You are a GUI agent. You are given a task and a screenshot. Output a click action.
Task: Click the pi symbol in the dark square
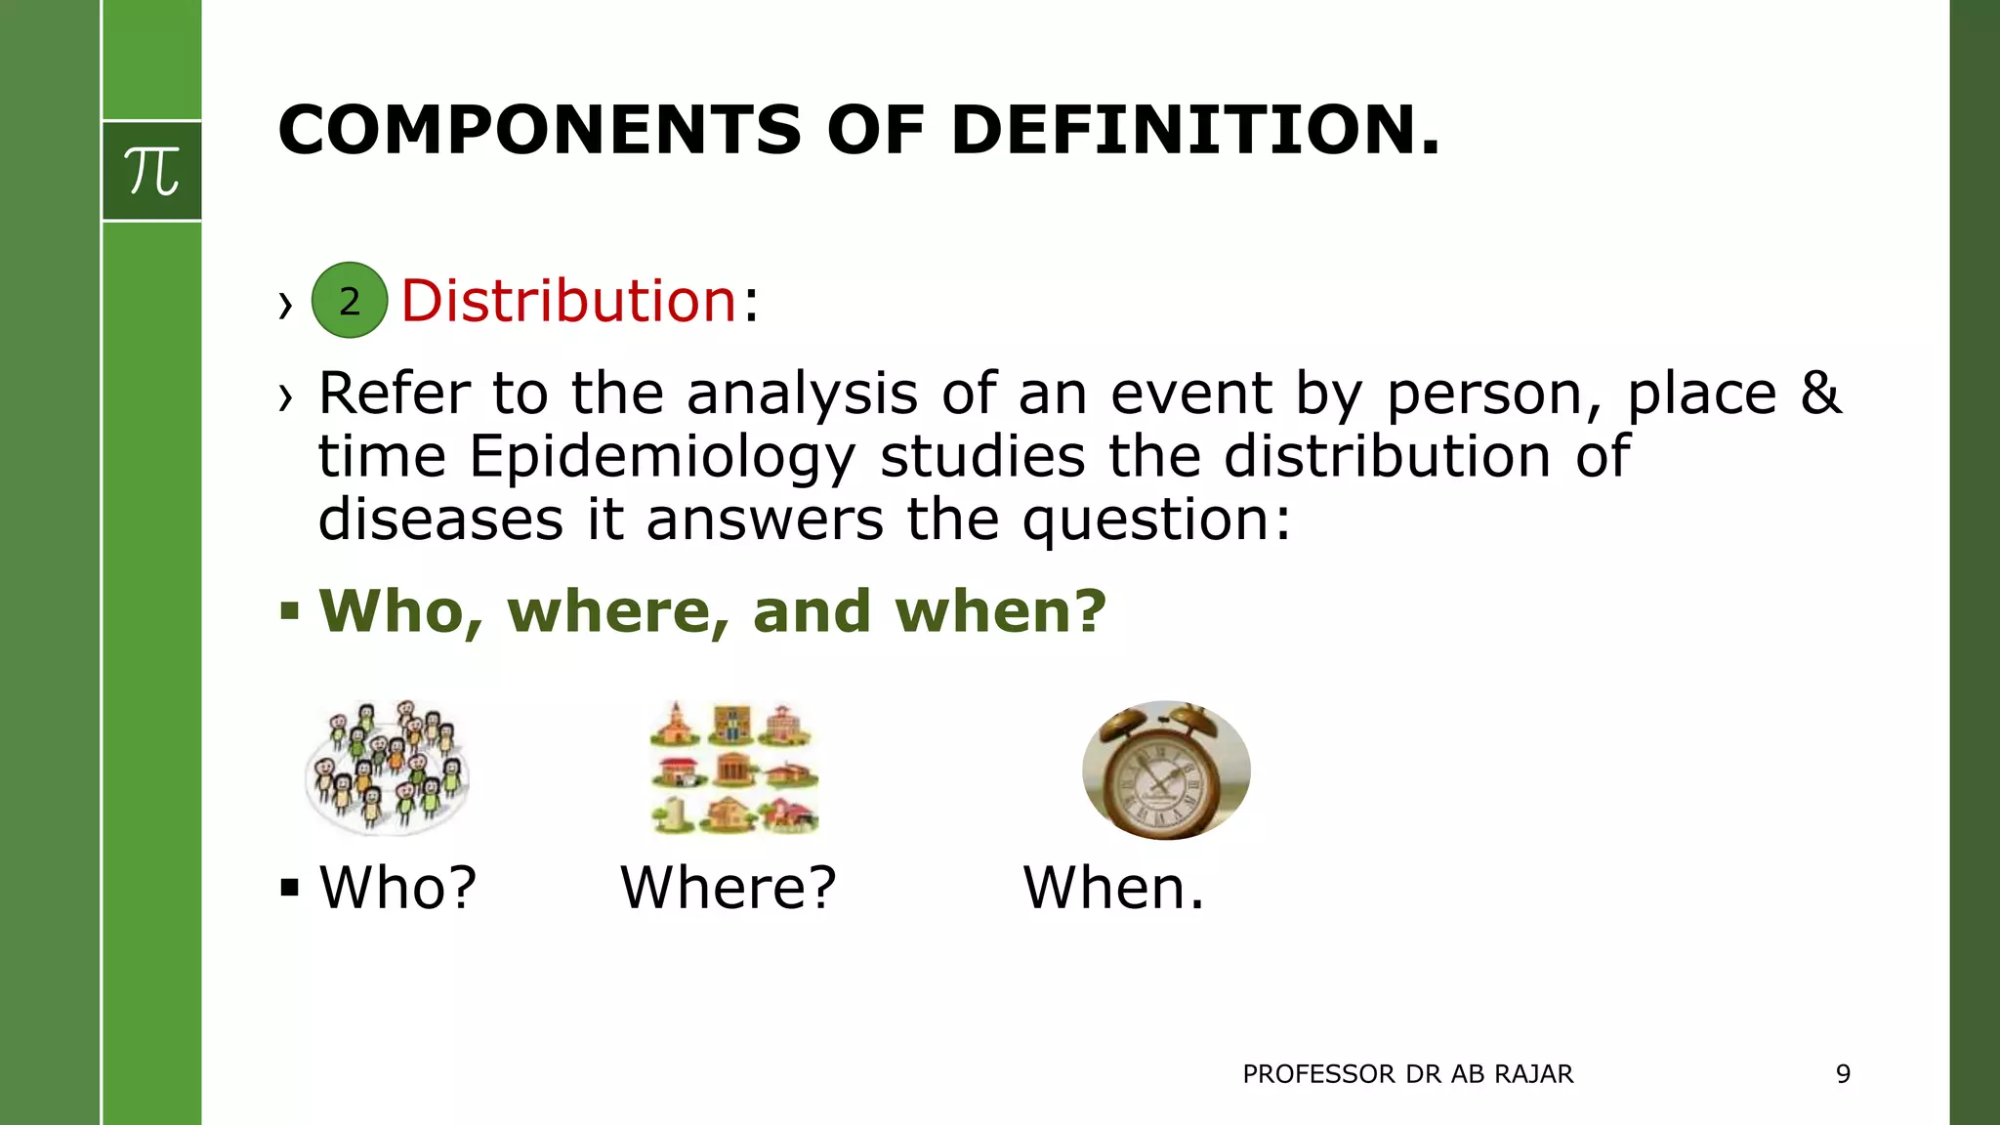(x=152, y=171)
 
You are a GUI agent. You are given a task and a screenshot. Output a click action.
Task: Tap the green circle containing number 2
(x=350, y=301)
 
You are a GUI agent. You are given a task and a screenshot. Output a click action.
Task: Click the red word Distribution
(x=568, y=301)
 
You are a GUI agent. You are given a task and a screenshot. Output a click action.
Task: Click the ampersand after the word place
(x=1820, y=394)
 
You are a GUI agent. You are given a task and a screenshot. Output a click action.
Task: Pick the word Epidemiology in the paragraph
(x=662, y=457)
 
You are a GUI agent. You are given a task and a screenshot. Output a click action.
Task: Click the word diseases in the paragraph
(x=440, y=519)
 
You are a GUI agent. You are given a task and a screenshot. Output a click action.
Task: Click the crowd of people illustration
(x=388, y=768)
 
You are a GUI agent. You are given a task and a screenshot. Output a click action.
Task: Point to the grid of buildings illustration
(x=734, y=768)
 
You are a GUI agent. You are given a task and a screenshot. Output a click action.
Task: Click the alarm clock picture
(x=1166, y=770)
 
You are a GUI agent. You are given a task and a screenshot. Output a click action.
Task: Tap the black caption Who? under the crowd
(x=398, y=888)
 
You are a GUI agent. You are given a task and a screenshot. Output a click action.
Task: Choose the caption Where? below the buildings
(x=729, y=888)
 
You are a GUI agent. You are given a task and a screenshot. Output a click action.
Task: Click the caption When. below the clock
(x=1113, y=888)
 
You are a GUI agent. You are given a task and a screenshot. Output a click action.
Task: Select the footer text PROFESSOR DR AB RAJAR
(x=1407, y=1074)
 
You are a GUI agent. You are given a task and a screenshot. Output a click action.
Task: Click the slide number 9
(x=1843, y=1074)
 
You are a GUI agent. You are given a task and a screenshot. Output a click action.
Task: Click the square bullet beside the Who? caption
(x=289, y=888)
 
